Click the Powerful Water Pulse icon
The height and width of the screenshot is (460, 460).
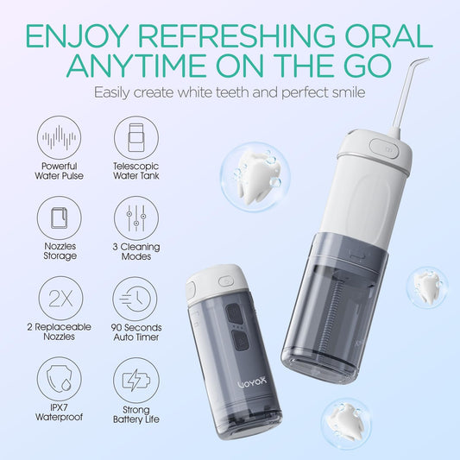point(60,138)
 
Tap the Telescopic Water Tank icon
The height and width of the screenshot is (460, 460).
point(134,138)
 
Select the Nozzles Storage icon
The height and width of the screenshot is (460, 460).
point(60,218)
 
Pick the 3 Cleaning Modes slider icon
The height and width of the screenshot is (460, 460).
point(134,218)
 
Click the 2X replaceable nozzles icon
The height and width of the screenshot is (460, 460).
point(60,299)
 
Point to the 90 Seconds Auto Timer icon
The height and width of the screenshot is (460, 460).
point(134,299)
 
